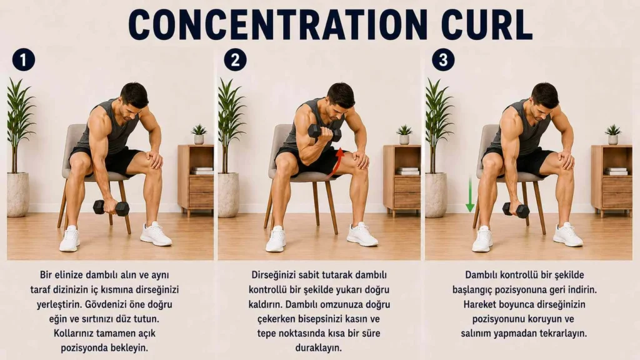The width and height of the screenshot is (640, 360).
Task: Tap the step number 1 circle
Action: (23, 60)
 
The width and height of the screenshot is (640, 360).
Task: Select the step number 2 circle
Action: (235, 60)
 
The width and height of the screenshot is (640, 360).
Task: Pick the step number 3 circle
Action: (443, 60)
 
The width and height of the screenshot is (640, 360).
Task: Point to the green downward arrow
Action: (470, 194)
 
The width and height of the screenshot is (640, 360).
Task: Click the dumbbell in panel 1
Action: (111, 207)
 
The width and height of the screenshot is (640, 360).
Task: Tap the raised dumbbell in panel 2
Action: (324, 133)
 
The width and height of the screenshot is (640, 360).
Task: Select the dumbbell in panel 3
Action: (516, 210)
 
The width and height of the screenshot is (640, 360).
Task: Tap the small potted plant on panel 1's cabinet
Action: (199, 134)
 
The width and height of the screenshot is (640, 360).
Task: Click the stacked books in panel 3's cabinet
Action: (616, 171)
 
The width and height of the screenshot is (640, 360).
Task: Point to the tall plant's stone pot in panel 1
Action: (17, 195)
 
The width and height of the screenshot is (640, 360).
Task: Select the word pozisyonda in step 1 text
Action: (84, 347)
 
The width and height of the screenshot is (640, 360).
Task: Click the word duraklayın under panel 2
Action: (318, 347)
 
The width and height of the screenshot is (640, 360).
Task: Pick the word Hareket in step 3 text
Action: (478, 304)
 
